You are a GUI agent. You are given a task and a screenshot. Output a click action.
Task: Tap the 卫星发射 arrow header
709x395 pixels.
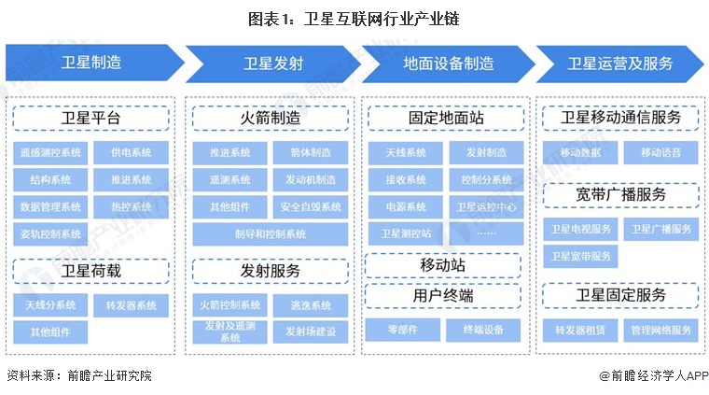pos(271,63)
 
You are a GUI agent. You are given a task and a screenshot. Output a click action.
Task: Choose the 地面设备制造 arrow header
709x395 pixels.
pos(448,63)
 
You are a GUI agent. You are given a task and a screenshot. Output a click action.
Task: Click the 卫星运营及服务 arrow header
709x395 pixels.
pos(619,63)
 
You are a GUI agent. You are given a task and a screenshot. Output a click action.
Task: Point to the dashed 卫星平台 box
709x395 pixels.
pos(91,119)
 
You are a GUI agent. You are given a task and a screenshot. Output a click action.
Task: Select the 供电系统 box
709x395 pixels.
pos(131,152)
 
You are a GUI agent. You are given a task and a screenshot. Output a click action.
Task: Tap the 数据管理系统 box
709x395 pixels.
pos(50,206)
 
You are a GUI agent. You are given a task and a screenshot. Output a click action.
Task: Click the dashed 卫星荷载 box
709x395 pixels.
pos(91,271)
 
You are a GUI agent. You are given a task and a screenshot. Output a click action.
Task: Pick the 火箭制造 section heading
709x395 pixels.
pos(271,119)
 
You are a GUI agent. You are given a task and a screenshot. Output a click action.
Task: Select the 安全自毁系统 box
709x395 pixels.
pos(311,206)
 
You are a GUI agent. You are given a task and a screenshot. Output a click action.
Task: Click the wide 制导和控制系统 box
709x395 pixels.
pos(271,233)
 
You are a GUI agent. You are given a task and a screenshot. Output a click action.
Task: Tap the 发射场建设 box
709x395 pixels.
pos(311,332)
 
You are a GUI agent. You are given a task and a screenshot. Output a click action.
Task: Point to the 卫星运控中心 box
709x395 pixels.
pos(486,206)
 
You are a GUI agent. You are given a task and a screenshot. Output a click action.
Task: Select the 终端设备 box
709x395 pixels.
pos(486,330)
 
